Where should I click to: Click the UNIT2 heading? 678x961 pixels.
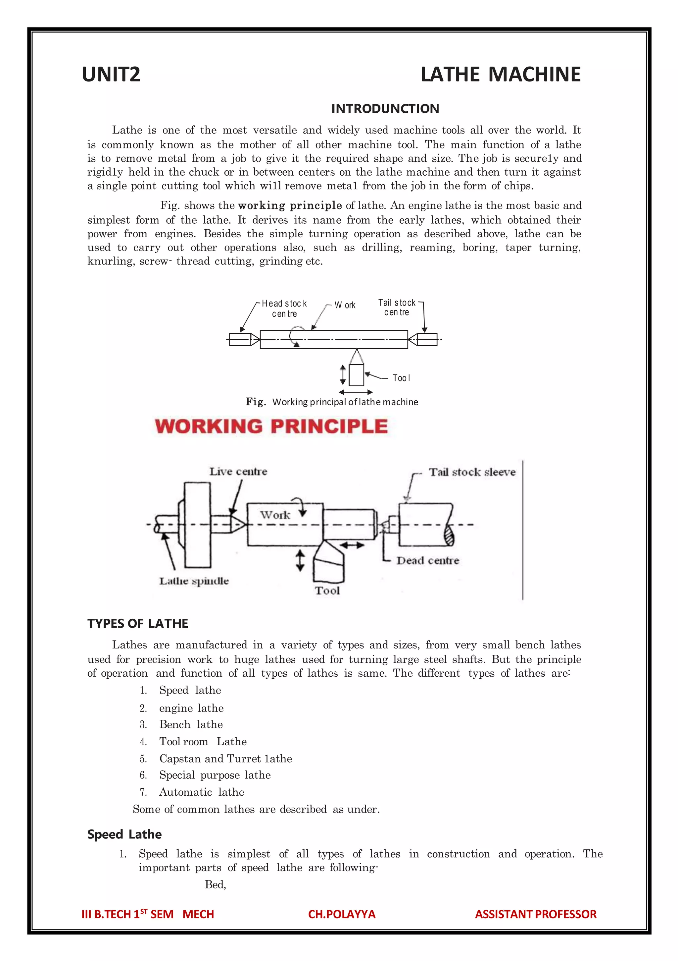[111, 75]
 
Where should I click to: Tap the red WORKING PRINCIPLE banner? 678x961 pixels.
[271, 426]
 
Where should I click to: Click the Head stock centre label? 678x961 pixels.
[284, 309]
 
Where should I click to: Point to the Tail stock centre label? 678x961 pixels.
[397, 307]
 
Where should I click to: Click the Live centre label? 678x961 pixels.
[238, 472]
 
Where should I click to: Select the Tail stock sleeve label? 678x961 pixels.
[472, 472]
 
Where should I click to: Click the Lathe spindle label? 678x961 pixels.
[194, 581]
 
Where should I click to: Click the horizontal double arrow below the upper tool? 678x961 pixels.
[356, 392]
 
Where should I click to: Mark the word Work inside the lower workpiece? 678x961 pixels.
[275, 515]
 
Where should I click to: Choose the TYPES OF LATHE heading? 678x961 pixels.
[138, 624]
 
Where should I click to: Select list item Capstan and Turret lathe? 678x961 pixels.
[225, 759]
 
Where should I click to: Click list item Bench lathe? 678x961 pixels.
[191, 724]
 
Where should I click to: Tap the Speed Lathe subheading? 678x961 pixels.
[124, 834]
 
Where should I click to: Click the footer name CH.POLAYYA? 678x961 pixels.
[342, 914]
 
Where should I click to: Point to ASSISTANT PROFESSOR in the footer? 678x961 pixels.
[535, 914]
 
